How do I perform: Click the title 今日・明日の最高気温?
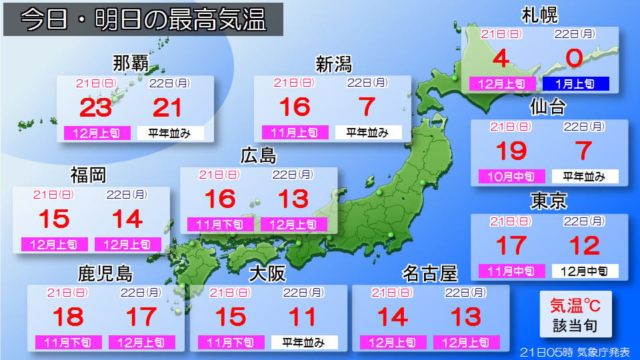tap(143, 20)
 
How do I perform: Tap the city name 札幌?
tap(540, 15)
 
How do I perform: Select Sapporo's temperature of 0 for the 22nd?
tap(575, 59)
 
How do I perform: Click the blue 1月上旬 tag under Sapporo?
tap(575, 84)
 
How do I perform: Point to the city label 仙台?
tap(548, 107)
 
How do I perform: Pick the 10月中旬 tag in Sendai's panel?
tap(511, 177)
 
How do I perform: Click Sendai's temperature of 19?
tap(511, 151)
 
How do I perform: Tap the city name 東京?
tap(548, 201)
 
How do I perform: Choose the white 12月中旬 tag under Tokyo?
tap(585, 271)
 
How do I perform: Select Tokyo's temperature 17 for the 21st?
tap(511, 245)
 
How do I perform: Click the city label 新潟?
tap(333, 64)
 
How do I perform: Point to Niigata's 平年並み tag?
tap(368, 133)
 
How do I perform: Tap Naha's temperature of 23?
tap(95, 107)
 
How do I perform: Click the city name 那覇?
tap(131, 64)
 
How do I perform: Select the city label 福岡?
tap(89, 175)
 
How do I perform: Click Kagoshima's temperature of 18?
tap(67, 317)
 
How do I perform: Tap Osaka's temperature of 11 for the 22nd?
tap(304, 317)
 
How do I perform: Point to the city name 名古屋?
tap(429, 273)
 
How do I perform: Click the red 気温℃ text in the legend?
tap(575, 306)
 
